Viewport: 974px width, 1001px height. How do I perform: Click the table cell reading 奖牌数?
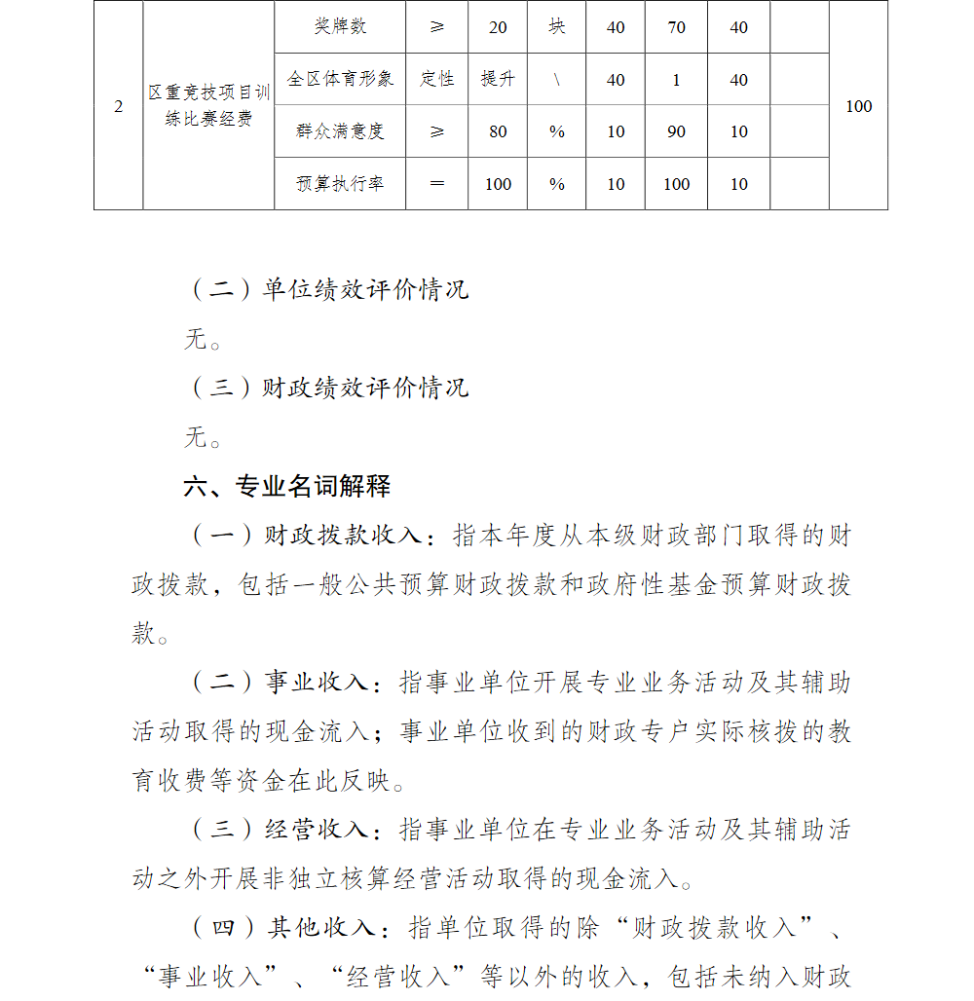coord(340,27)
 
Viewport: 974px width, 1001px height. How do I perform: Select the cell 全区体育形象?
coord(340,79)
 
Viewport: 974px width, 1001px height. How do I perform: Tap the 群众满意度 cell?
coord(340,131)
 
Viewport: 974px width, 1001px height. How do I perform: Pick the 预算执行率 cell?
coord(340,184)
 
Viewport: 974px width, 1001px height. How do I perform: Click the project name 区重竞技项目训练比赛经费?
coord(208,106)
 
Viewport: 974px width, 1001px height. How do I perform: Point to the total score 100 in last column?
coord(858,106)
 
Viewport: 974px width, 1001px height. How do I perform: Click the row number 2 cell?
coord(119,106)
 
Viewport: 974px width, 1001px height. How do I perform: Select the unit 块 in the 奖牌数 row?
coord(556,27)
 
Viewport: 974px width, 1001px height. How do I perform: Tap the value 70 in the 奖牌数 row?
coord(676,27)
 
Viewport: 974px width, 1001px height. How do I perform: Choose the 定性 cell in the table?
coord(436,79)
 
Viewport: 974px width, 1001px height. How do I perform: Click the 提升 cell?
coord(497,79)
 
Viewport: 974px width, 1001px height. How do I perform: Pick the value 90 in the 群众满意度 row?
coord(676,131)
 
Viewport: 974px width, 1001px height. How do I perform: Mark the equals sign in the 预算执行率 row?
coord(436,184)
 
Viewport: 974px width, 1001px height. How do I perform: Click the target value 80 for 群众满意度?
coord(497,131)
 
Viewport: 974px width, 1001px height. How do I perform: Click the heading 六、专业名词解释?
coord(287,486)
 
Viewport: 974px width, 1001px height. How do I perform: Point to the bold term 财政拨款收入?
coord(344,536)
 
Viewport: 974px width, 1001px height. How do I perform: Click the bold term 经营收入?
coord(317,830)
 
